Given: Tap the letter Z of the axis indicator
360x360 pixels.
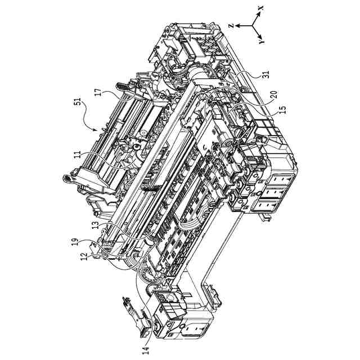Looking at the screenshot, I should tap(232, 25).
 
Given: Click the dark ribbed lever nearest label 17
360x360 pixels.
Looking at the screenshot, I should tap(121, 87).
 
